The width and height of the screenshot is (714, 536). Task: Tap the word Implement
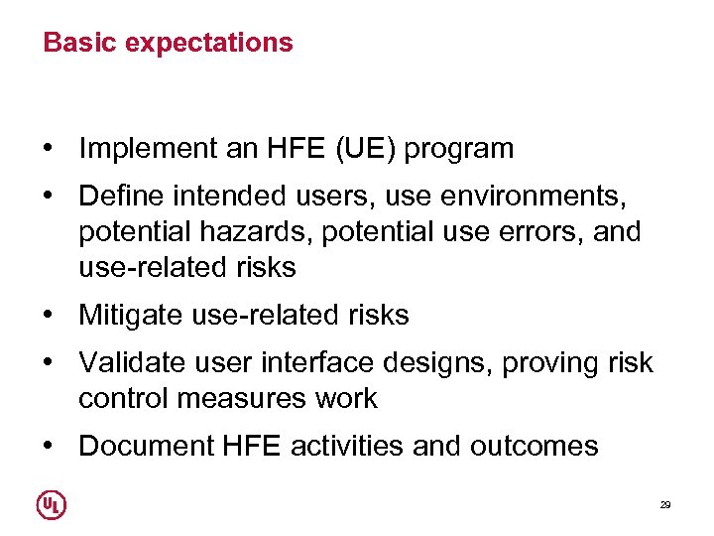click(x=149, y=149)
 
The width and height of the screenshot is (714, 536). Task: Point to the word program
click(x=458, y=150)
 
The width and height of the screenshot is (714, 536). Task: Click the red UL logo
click(x=52, y=505)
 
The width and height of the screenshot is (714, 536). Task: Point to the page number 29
click(x=665, y=505)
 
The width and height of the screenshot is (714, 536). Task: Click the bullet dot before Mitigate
click(x=48, y=316)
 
